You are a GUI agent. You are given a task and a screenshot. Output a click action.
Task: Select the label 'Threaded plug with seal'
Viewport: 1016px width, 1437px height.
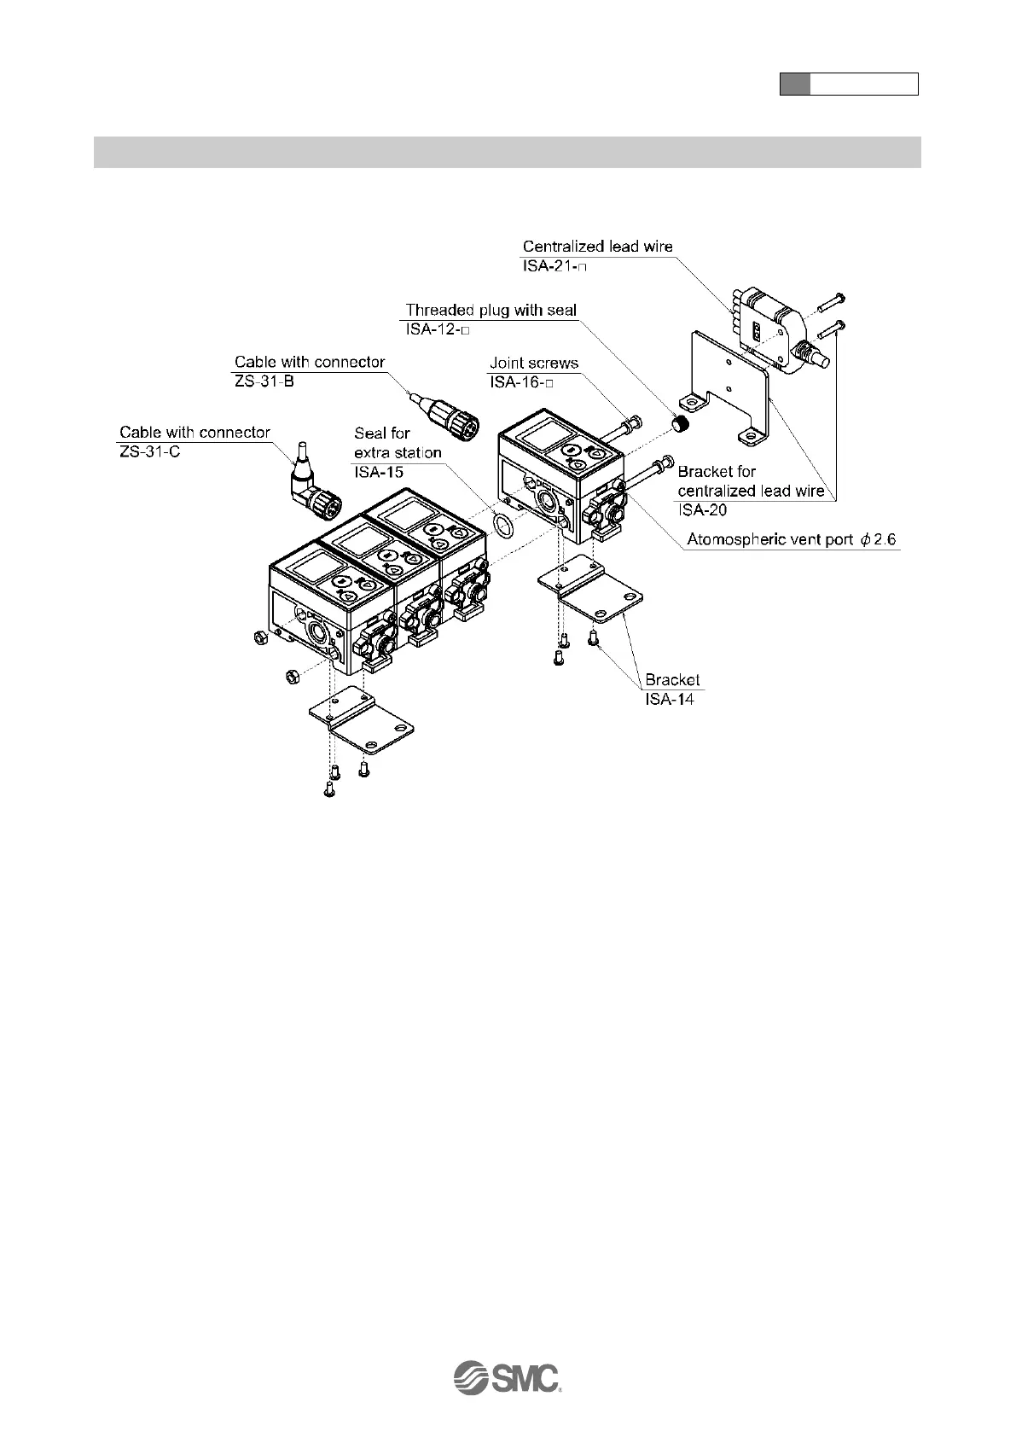coord(491,310)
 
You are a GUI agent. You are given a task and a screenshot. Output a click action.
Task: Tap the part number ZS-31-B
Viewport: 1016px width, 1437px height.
coord(264,381)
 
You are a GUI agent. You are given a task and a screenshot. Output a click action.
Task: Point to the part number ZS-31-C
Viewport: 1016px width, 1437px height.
coord(149,451)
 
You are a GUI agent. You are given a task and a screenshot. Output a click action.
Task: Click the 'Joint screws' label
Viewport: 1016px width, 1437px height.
coord(533,363)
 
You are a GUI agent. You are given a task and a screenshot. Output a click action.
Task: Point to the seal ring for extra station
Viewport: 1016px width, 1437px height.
coord(505,525)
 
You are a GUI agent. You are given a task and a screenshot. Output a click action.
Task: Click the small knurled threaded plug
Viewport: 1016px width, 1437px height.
coord(680,422)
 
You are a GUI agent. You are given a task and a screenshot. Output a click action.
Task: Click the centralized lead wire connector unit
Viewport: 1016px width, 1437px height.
coord(772,334)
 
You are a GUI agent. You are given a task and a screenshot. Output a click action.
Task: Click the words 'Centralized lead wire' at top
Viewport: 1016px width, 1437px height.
coord(597,247)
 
